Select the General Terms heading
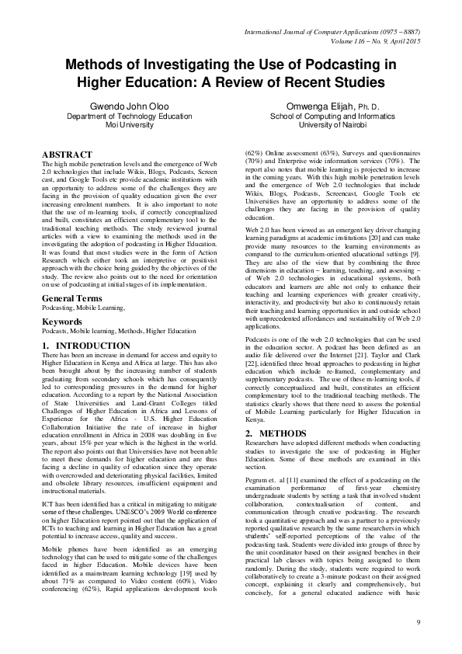tap(75, 298)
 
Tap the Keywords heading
tap(62, 320)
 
